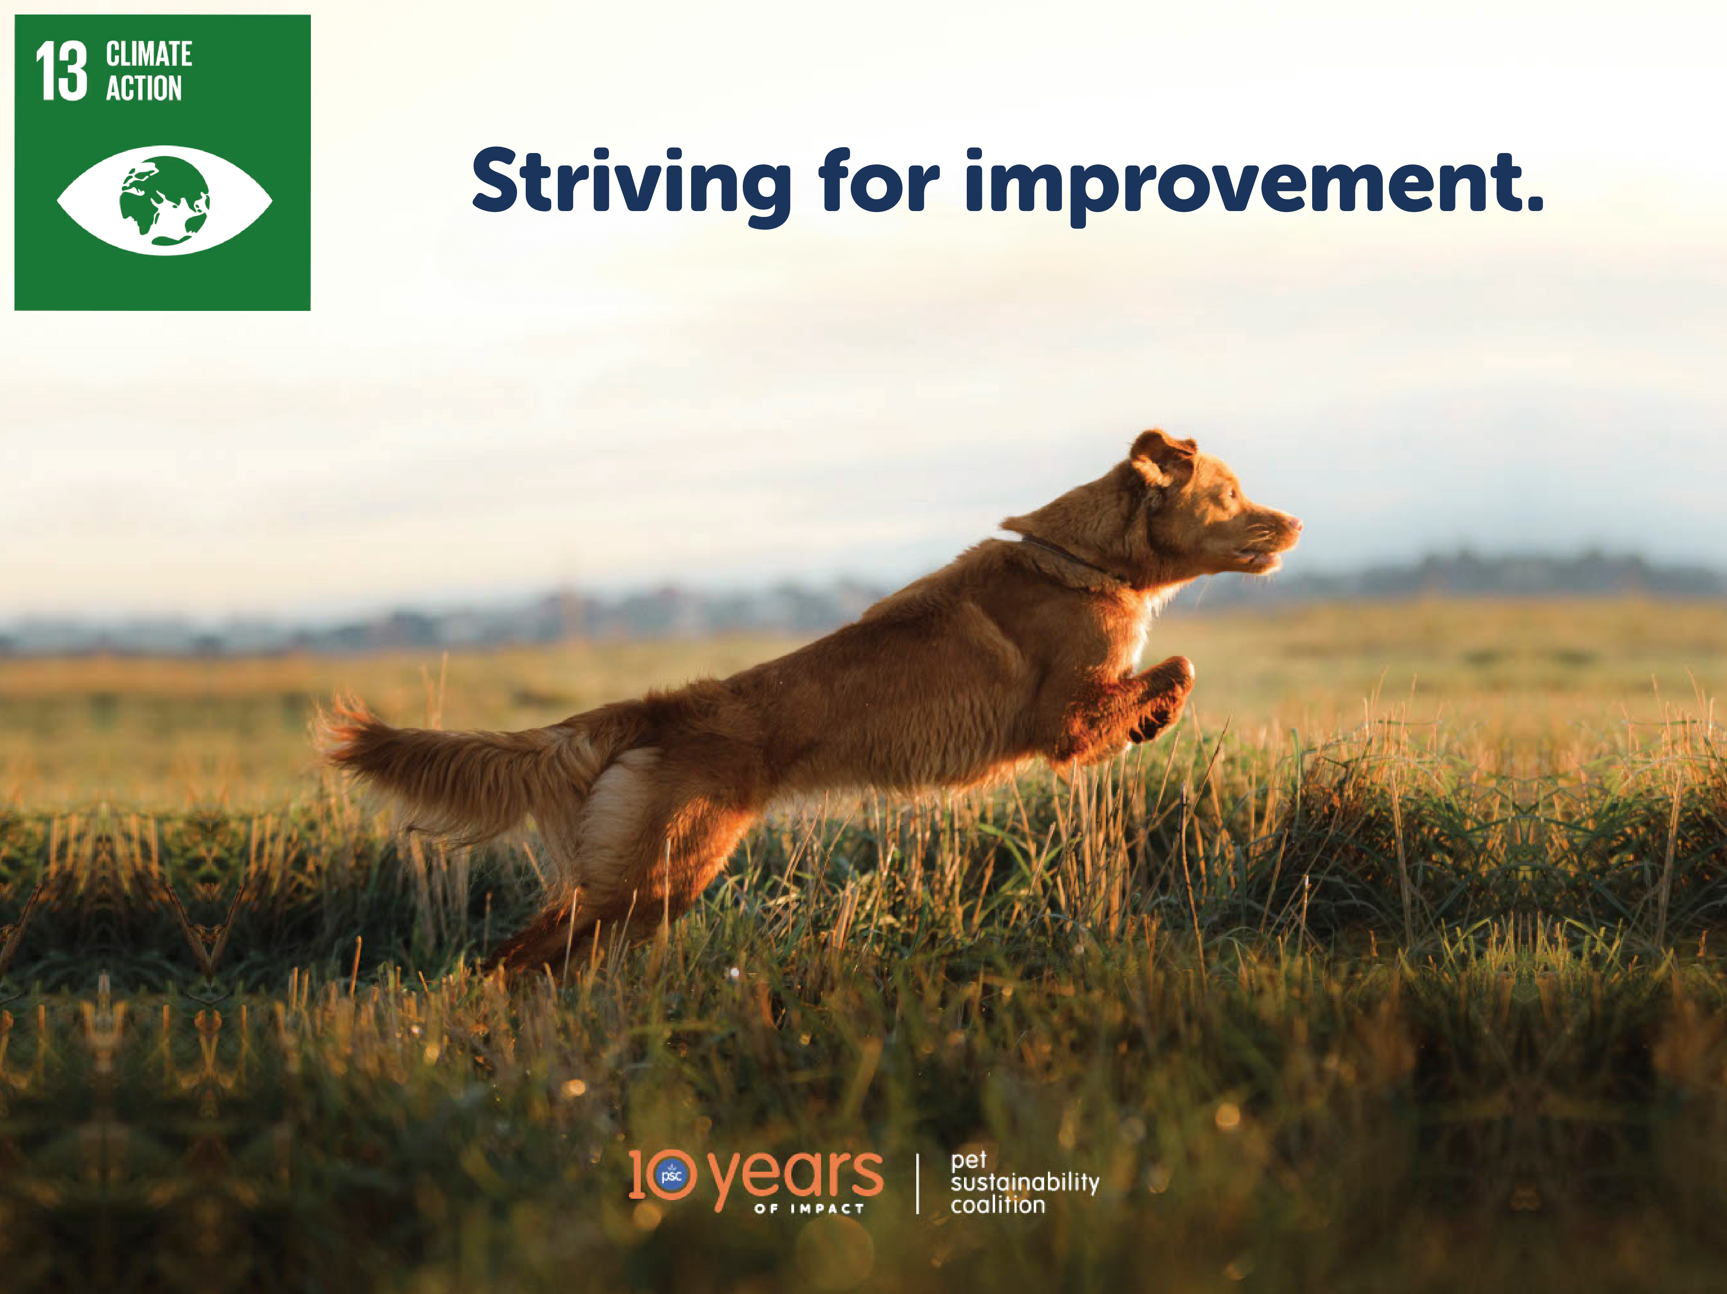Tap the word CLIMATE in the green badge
(x=149, y=55)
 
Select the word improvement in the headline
(x=1239, y=186)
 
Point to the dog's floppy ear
(x=1162, y=458)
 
